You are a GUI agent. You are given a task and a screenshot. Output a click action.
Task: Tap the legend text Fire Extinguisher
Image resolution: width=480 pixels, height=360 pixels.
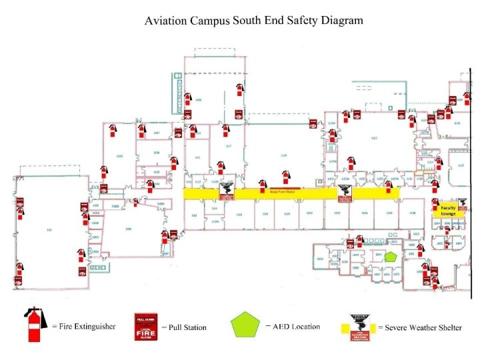click(x=86, y=327)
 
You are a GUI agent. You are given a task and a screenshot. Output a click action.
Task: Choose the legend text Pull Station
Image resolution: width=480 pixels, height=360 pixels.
click(x=187, y=327)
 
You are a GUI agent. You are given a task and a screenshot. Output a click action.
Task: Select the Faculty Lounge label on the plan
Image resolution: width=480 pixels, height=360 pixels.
click(x=448, y=211)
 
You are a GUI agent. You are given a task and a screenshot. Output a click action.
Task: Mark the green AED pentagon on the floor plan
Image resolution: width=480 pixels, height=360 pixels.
click(x=391, y=255)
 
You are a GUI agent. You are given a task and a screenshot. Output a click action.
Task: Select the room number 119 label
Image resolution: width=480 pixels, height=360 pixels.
click(x=283, y=155)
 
